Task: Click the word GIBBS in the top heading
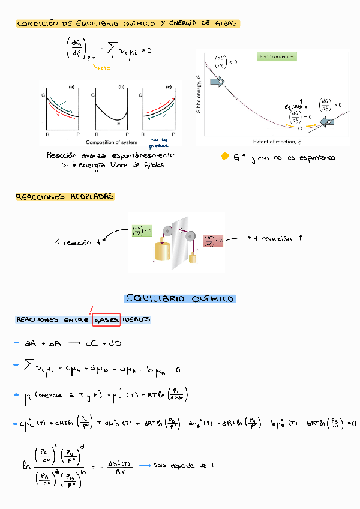tap(223, 23)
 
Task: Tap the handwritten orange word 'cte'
tap(105, 68)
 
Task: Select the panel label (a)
tap(71, 86)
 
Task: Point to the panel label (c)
tap(169, 86)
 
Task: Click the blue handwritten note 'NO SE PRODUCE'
tap(158, 142)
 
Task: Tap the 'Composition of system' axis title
tap(112, 142)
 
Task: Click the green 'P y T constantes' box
tap(277, 56)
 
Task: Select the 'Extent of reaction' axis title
tap(277, 142)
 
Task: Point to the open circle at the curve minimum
tap(299, 128)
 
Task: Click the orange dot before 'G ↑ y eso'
tap(224, 157)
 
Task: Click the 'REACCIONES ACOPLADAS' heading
tap(64, 196)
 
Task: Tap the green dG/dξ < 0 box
tap(141, 230)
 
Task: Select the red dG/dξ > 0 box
tap(214, 240)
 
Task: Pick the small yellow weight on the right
tap(193, 259)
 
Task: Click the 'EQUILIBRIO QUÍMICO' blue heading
tap(180, 298)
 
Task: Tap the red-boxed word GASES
tap(107, 319)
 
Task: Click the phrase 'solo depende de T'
tap(184, 465)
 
